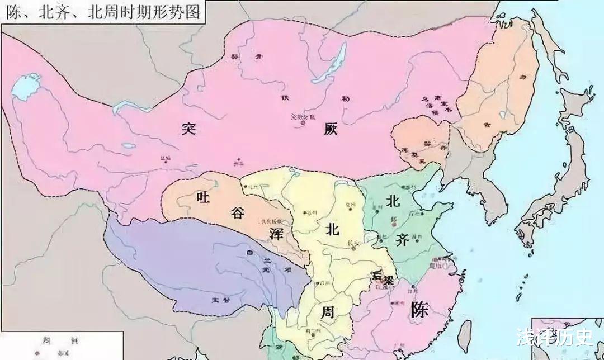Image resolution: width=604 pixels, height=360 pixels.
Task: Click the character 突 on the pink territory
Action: (186, 128)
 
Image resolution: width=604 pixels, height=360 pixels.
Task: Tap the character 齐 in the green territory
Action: (402, 239)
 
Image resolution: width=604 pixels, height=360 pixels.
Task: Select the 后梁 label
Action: (381, 277)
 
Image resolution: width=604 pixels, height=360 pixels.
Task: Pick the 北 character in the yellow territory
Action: (332, 229)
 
